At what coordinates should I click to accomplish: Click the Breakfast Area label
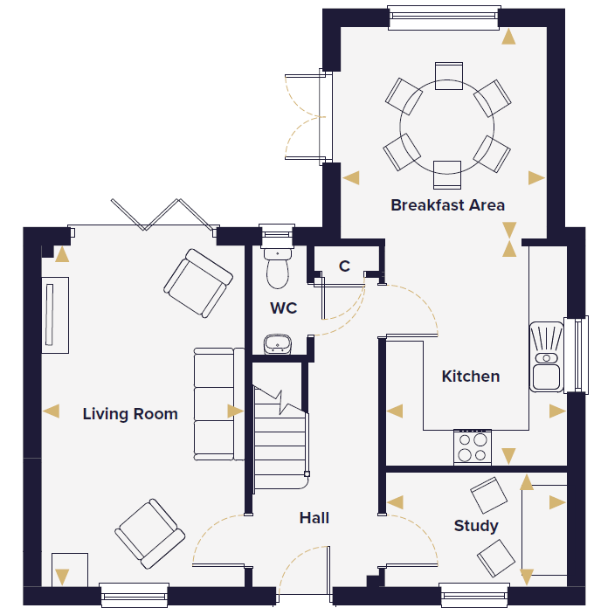pos(447,205)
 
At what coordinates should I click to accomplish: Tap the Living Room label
pos(130,414)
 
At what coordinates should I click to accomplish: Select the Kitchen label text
pos(471,377)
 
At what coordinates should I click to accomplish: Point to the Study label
pos(476,526)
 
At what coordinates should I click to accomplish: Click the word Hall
pos(314,518)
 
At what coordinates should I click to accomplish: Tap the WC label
pos(284,307)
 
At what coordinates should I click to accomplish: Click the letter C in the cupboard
pos(344,266)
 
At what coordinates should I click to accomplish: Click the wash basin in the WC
pos(278,344)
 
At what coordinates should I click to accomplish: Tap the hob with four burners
pos(473,447)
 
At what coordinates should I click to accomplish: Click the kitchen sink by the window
pos(547,357)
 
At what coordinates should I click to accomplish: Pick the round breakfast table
pos(447,127)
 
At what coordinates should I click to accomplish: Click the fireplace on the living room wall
pos(55,315)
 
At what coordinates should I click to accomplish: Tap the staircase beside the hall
pos(280,438)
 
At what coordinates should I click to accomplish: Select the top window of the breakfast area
pos(444,17)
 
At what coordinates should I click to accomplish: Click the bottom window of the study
pos(474,596)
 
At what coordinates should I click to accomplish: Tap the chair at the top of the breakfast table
pos(448,76)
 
